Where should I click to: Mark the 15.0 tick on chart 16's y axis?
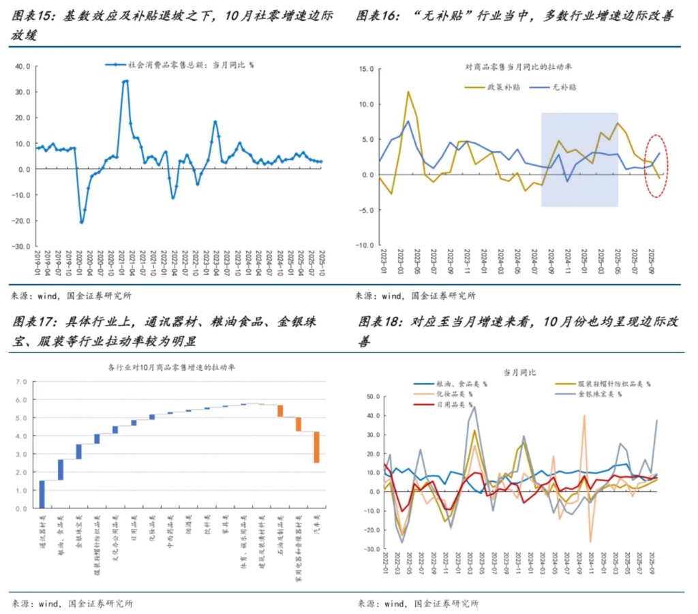point(367,69)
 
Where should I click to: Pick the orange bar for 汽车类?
point(317,447)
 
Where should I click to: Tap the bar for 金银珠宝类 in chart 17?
point(79,452)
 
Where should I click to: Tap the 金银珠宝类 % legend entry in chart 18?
point(600,394)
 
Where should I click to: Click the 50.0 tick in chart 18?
point(372,396)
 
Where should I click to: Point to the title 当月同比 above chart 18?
point(520,372)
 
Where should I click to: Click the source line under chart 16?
point(415,296)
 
